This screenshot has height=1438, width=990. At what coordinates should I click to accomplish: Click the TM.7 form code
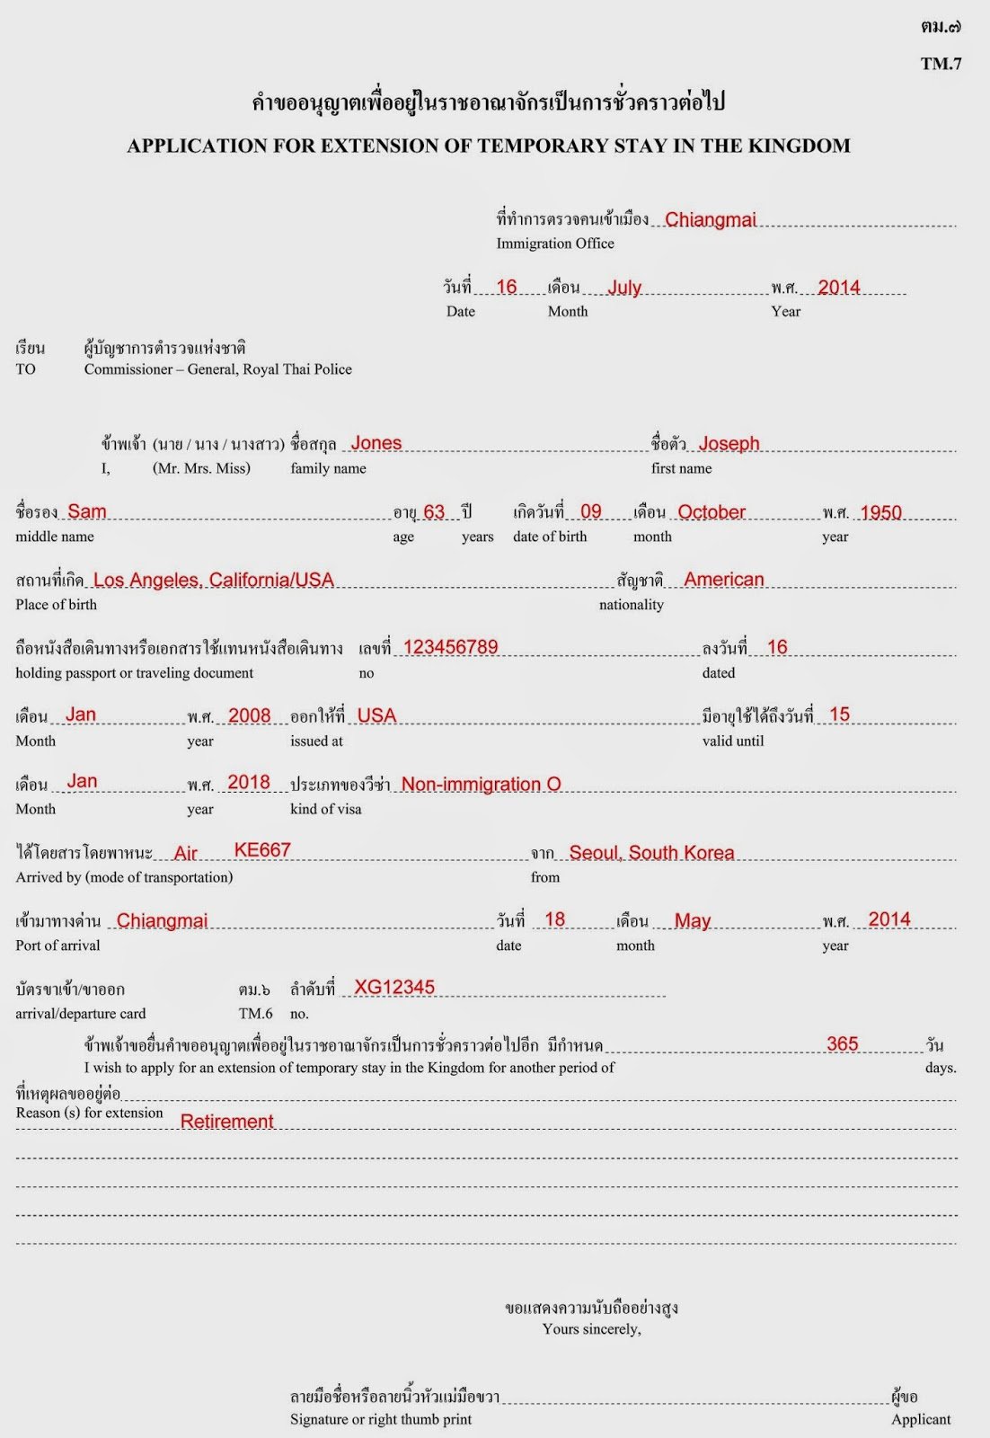[941, 63]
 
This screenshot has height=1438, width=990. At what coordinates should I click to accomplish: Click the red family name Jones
[376, 443]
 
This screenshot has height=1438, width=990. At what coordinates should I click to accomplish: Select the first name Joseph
[729, 443]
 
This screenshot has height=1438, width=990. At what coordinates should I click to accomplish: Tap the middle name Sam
[86, 511]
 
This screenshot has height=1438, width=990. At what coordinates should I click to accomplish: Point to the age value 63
[434, 511]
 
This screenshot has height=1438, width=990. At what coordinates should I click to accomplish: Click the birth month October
[712, 511]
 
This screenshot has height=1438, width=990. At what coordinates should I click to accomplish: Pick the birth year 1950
[880, 512]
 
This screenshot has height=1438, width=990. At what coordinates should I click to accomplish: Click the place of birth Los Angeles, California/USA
[213, 580]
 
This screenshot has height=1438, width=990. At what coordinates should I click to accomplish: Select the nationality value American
[724, 580]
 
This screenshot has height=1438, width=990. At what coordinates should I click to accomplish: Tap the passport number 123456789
[450, 647]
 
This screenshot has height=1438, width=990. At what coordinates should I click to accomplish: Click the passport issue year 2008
[249, 715]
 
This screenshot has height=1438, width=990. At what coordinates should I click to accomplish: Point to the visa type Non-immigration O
[481, 784]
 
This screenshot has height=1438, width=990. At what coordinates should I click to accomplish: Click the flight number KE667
[262, 850]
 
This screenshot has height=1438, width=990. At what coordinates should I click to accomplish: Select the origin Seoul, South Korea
[651, 852]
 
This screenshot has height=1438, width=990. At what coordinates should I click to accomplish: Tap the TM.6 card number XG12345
[394, 987]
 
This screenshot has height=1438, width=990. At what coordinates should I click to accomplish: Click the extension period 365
[842, 1043]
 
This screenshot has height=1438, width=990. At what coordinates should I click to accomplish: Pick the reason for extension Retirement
[226, 1121]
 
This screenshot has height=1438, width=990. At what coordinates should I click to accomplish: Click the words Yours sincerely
[591, 1328]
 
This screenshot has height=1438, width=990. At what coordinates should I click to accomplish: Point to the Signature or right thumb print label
[380, 1419]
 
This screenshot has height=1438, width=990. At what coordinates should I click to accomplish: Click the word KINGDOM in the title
[800, 146]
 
